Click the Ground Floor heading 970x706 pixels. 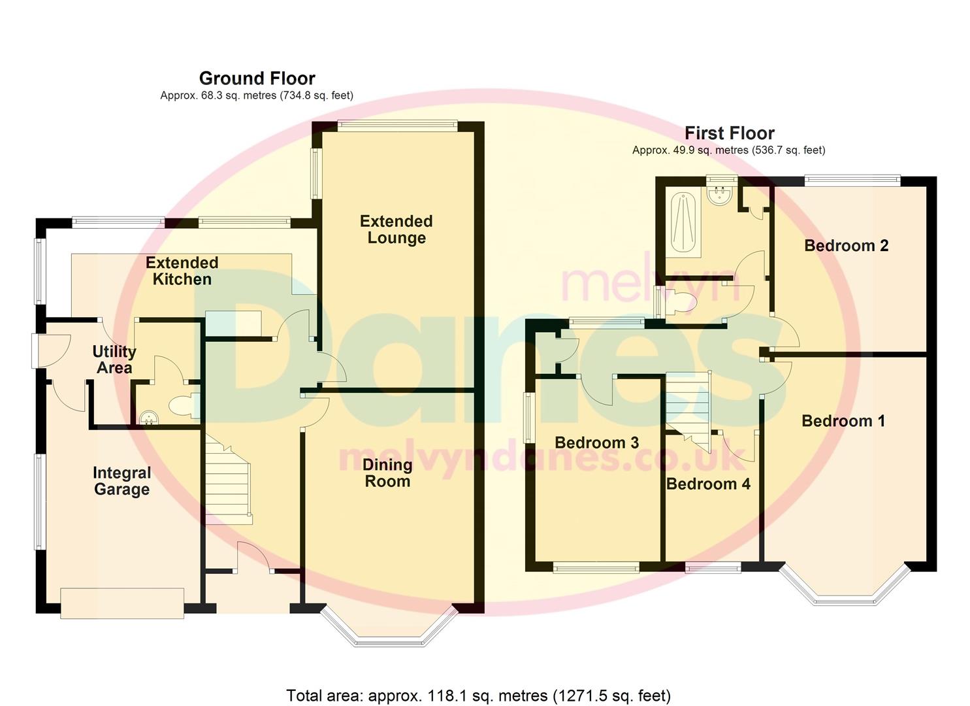(257, 78)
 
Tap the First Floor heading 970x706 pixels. (729, 133)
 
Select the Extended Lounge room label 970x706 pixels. (396, 229)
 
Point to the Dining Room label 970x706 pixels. (387, 473)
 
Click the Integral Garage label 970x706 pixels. (121, 481)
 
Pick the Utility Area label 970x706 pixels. (114, 360)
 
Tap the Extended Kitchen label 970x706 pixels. (182, 271)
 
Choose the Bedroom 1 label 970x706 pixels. (843, 421)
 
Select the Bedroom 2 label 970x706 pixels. (846, 246)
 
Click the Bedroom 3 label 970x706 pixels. (596, 443)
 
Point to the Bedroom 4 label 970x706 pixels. (708, 484)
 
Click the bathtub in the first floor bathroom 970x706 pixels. (684, 221)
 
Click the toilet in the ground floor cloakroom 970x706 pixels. (182, 406)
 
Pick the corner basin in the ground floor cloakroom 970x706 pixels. (148, 416)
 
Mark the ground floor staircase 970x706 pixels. (228, 480)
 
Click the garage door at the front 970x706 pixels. (122, 603)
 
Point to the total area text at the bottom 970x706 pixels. (478, 696)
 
